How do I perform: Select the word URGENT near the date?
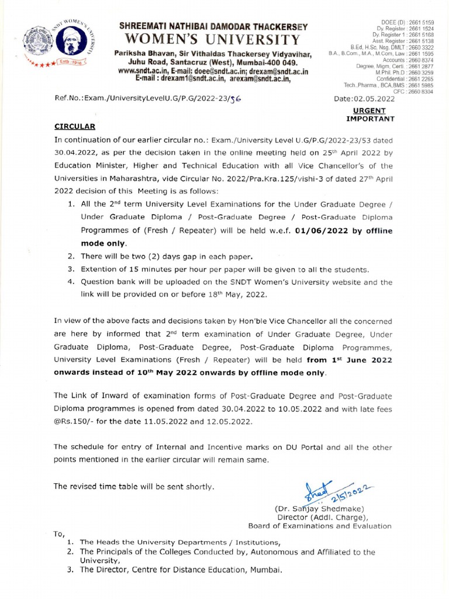(x=369, y=110)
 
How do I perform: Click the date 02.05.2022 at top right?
(x=374, y=99)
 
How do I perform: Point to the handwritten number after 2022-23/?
(x=235, y=99)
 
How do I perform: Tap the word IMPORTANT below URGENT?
(x=370, y=119)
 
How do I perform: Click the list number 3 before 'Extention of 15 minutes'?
(x=69, y=269)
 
